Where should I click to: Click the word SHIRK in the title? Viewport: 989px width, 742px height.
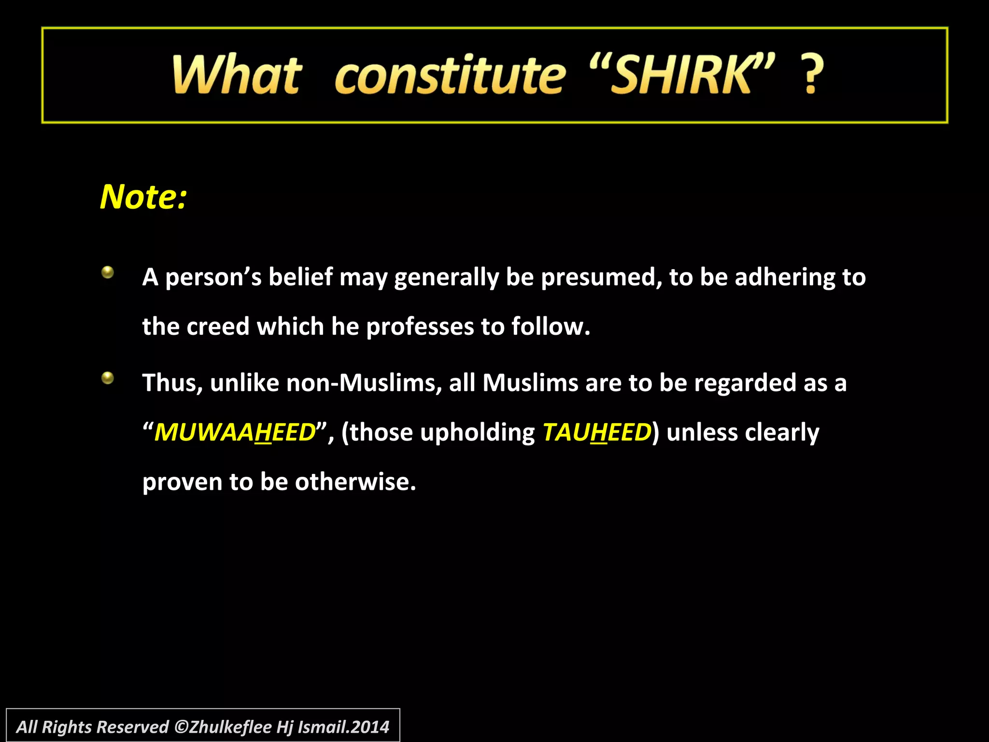click(680, 75)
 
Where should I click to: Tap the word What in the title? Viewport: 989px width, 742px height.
click(237, 75)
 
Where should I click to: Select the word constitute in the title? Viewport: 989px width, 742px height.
click(450, 76)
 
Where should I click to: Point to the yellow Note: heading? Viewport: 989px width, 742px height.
click(143, 197)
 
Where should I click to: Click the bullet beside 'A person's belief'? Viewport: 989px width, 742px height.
click(108, 272)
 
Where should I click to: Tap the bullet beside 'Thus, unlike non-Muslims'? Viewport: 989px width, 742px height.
click(108, 378)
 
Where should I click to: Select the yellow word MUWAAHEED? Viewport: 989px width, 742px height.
click(235, 432)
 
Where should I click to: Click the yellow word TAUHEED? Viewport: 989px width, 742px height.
click(597, 432)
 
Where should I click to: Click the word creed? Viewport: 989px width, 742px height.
click(218, 327)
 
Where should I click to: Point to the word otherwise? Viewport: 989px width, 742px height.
click(355, 482)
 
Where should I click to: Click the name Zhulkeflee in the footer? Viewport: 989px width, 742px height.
click(230, 727)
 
